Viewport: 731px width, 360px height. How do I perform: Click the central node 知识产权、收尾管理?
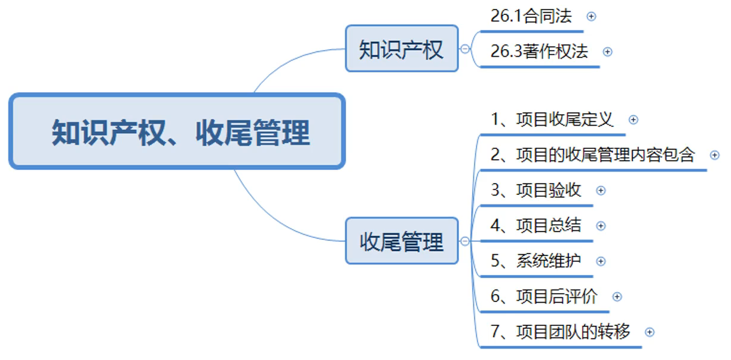[177, 131]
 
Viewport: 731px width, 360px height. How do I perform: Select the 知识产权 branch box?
[402, 48]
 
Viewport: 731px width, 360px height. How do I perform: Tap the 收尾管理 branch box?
[402, 240]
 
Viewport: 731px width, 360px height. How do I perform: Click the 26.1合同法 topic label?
[531, 16]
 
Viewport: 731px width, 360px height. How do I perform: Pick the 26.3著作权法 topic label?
[539, 51]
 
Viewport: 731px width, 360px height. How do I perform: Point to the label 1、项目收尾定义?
[552, 120]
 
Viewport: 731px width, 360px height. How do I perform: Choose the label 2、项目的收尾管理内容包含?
[593, 155]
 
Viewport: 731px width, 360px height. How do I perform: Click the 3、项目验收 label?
[536, 190]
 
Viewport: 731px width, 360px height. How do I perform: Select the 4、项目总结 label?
[536, 225]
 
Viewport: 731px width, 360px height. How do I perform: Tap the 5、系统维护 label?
[536, 261]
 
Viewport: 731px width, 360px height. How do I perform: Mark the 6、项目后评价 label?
[544, 297]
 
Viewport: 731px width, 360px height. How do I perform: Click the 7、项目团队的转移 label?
[560, 332]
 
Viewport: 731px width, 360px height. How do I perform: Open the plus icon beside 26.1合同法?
[591, 16]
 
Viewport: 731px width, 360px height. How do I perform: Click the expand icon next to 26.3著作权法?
[607, 51]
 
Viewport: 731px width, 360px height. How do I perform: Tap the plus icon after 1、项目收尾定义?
[634, 120]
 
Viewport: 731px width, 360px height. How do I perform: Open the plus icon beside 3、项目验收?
[601, 191]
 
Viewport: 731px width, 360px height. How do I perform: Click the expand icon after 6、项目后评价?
[617, 297]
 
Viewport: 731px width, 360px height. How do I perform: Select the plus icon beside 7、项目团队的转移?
[650, 332]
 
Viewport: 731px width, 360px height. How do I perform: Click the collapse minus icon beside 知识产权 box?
[465, 49]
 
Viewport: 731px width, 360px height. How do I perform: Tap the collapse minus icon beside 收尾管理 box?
[465, 241]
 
